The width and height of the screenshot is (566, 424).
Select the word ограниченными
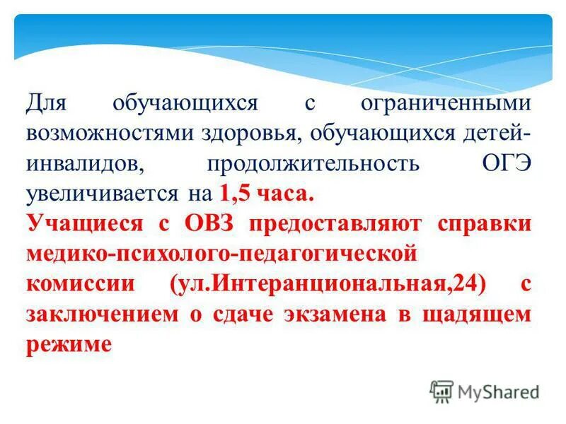coord(446,103)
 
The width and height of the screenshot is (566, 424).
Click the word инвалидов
coord(86,164)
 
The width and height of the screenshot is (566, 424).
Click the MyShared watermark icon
coord(441,391)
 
